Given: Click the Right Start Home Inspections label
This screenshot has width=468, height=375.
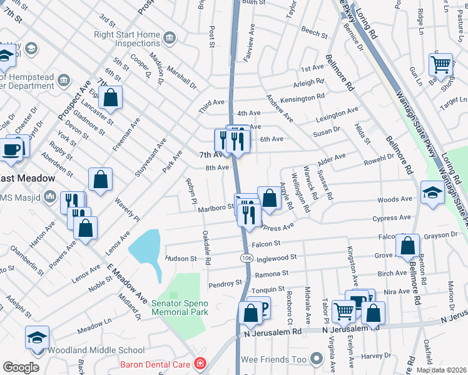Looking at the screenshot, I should (x=127, y=39).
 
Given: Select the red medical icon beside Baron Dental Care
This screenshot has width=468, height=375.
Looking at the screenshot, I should (x=200, y=363).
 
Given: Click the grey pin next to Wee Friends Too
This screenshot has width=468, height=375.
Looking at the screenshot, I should (x=317, y=359).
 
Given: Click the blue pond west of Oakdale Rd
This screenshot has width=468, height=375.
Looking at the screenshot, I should (x=145, y=251).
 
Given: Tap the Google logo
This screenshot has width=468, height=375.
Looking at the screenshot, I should (x=21, y=367).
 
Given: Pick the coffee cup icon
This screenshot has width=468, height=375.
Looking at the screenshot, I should (x=12, y=149).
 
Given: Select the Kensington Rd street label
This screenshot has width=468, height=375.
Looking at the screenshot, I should (x=303, y=97).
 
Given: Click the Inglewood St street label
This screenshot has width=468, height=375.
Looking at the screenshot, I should (x=276, y=257).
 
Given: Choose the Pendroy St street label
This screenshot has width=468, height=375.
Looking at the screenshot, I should (x=225, y=283).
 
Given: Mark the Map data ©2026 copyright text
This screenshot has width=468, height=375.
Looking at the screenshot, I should (x=440, y=370).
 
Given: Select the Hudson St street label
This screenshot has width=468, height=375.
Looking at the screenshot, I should (x=181, y=257).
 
